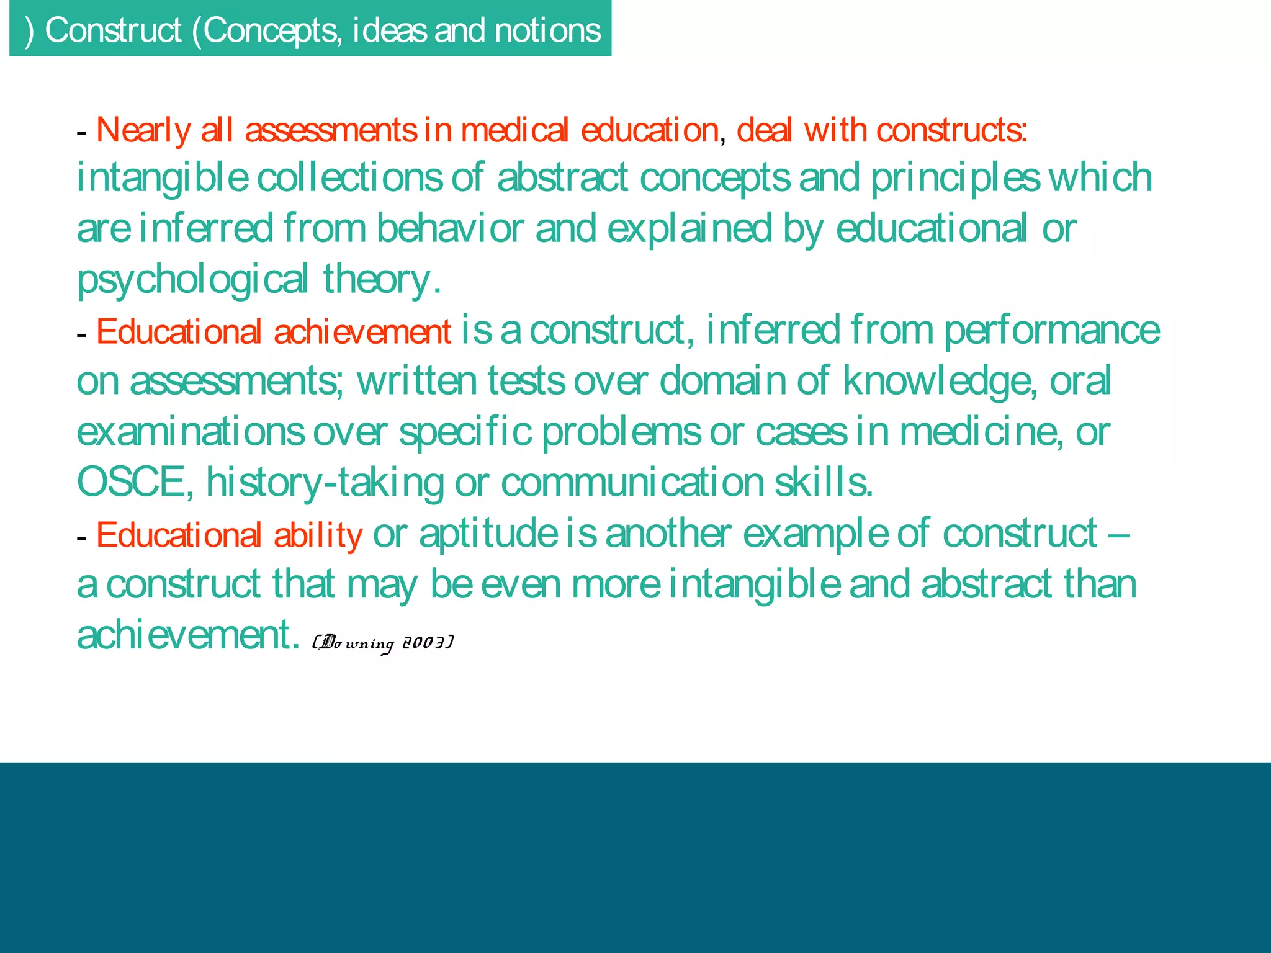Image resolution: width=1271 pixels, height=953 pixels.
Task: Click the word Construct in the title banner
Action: coord(113,30)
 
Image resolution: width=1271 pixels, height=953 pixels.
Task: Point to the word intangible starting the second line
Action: coord(162,177)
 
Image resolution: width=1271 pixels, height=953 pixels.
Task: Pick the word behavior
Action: coord(450,228)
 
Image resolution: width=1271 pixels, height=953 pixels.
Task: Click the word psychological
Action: coord(192,279)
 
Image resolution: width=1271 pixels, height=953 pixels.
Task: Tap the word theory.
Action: coord(382,279)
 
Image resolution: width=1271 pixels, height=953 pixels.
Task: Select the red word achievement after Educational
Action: coord(362,331)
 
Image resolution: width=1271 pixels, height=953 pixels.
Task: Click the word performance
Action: coord(1051,330)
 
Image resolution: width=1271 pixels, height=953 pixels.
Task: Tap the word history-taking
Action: coord(325,482)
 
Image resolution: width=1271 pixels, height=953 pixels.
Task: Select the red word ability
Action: coord(318,535)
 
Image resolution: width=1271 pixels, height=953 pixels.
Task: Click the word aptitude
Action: coord(488,534)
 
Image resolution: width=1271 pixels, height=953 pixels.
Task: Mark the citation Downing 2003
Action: coord(383,643)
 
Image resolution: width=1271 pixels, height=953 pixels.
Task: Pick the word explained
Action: coord(689,228)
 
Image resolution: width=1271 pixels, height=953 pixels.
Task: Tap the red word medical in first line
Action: coord(514,130)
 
